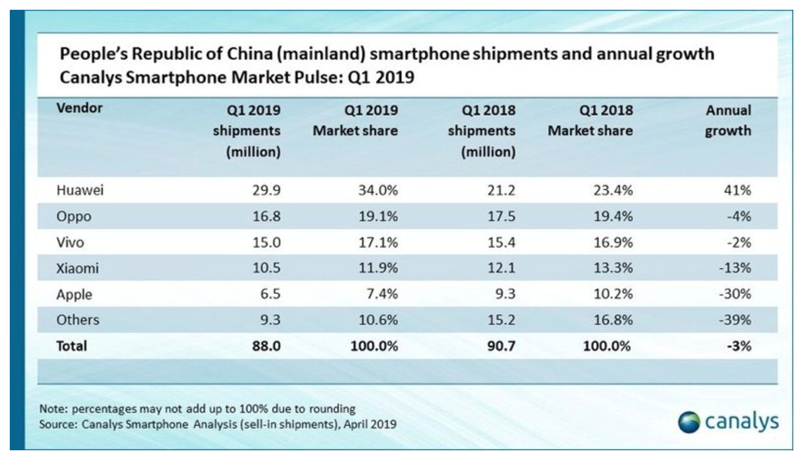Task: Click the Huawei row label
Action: [x=80, y=191]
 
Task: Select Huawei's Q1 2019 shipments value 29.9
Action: [x=266, y=191]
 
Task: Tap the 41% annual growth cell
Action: [x=738, y=191]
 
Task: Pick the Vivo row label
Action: [x=70, y=243]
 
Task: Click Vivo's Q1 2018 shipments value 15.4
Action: [x=501, y=243]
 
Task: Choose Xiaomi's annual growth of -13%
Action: [x=736, y=269]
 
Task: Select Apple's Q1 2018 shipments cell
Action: [x=505, y=294]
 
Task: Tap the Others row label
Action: [x=78, y=320]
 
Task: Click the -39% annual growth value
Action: [x=736, y=320]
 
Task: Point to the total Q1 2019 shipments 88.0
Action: [x=266, y=346]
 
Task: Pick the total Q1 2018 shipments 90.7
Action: [x=500, y=346]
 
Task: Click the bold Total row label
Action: [x=72, y=346]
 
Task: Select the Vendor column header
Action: [x=80, y=108]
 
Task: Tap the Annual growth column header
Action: [x=728, y=120]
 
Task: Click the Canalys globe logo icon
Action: [x=688, y=422]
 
